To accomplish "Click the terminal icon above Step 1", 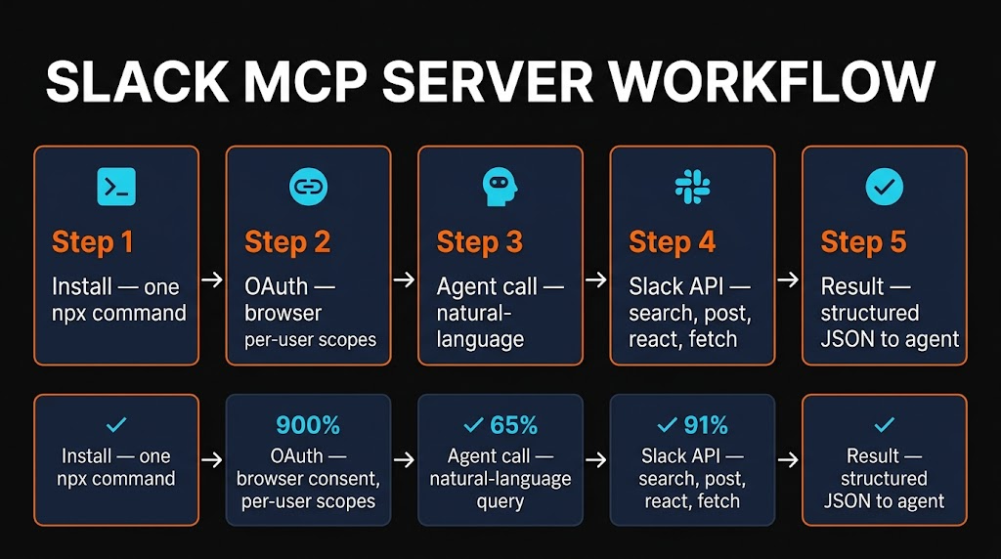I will click(x=116, y=186).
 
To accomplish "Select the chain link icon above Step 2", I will click(x=308, y=186).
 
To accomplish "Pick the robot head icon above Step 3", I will click(x=500, y=186).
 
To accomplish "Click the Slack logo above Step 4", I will click(x=692, y=186).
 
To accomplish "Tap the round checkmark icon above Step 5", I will click(x=885, y=186).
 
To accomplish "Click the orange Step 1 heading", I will click(x=93, y=242).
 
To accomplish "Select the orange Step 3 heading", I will click(x=479, y=242).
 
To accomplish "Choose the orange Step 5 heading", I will click(x=863, y=242).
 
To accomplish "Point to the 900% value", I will click(x=308, y=425).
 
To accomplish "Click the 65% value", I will click(x=511, y=425).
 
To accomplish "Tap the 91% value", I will click(x=704, y=425).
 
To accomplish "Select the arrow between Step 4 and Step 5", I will click(x=788, y=280).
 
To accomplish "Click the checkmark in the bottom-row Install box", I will click(x=116, y=424).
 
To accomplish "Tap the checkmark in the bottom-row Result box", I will click(x=885, y=424).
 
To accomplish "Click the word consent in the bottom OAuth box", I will click(x=333, y=479).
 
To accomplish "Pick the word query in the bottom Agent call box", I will click(x=500, y=501).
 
